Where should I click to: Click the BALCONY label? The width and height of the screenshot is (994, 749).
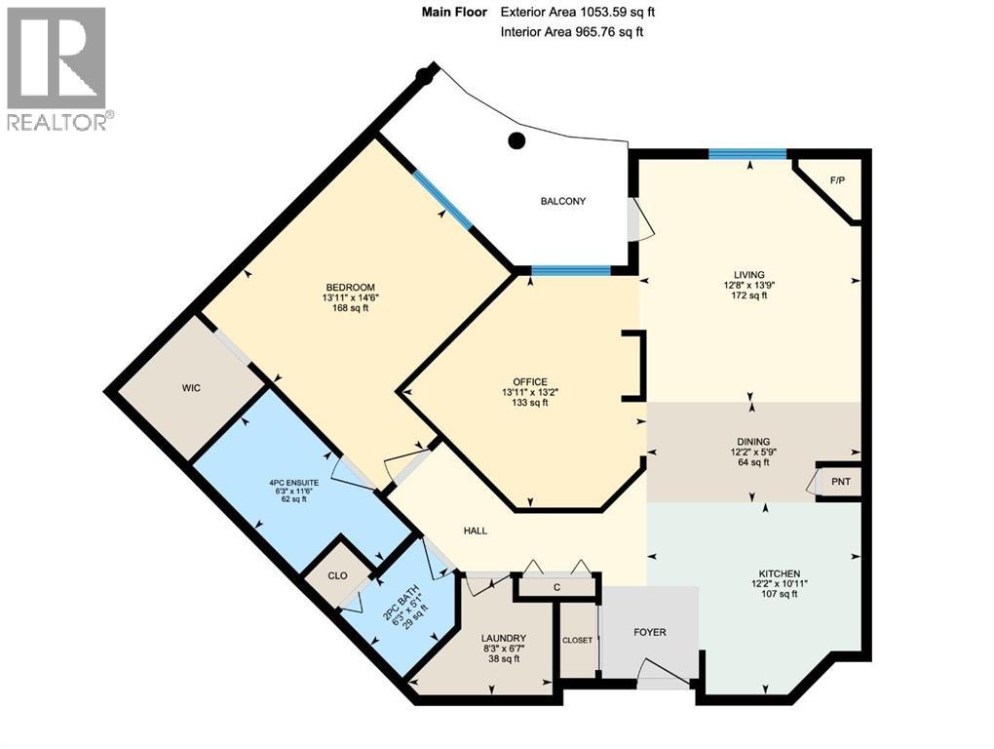coord(563,202)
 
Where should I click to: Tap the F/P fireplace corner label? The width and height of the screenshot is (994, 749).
coord(837,181)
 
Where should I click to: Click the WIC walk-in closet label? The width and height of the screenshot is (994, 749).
coord(190,387)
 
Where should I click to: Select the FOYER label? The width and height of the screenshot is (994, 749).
coord(650,632)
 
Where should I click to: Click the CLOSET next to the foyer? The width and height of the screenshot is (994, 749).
coord(577,641)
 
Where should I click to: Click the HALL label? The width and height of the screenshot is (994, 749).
coord(476,531)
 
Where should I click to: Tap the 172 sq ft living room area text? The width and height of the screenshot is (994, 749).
coord(749,296)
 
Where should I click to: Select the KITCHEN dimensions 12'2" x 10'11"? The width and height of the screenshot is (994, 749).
coord(780,583)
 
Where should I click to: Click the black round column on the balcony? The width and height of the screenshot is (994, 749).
coord(516,140)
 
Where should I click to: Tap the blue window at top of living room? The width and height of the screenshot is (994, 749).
coord(747,153)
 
